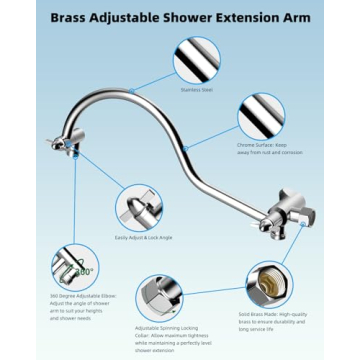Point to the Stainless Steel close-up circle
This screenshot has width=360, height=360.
tap(197, 61)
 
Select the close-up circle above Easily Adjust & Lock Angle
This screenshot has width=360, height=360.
tap(138, 208)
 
